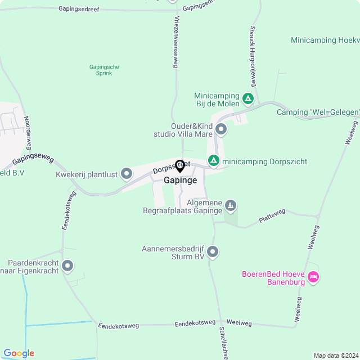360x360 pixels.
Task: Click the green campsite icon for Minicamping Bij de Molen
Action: click(x=248, y=100)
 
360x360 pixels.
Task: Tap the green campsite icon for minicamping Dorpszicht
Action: click(x=214, y=161)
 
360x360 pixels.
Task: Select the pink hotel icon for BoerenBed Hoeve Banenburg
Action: click(x=314, y=277)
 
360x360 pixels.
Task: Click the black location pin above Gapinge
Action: click(x=180, y=166)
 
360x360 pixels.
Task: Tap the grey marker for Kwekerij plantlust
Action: click(x=127, y=174)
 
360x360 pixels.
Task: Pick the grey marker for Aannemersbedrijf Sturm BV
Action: click(x=213, y=252)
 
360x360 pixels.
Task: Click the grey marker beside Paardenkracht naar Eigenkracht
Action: click(x=68, y=265)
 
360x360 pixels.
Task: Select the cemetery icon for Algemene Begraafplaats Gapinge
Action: click(x=231, y=206)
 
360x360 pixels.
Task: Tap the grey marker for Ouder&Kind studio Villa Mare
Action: click(x=221, y=130)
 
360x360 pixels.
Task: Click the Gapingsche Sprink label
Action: click(x=104, y=70)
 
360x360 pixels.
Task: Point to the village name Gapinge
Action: click(x=180, y=181)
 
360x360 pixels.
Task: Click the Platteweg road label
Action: click(x=272, y=216)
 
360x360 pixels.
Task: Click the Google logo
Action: click(x=19, y=353)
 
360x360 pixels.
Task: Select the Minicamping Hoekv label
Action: click(x=325, y=40)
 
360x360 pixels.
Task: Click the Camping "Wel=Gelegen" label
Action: click(x=318, y=112)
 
